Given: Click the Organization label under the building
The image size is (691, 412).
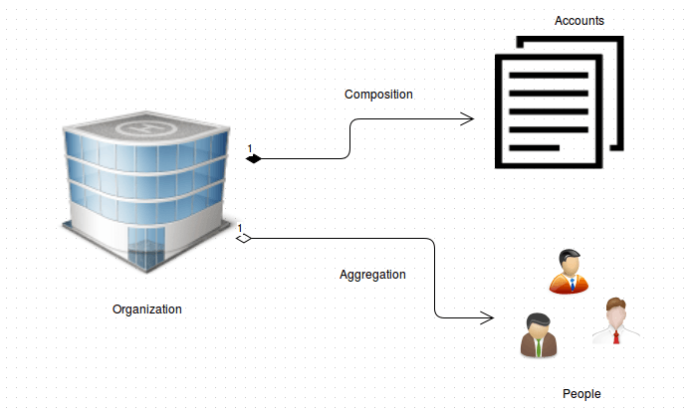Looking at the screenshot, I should tap(147, 309).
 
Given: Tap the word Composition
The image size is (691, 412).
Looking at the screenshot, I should tap(378, 95).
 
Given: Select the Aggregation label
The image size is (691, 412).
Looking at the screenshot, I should tap(372, 274).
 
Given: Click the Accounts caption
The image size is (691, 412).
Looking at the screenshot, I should tap(579, 21).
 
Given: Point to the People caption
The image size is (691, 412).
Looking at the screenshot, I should tap(581, 394).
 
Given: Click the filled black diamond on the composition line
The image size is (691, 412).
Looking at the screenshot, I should tap(253, 158).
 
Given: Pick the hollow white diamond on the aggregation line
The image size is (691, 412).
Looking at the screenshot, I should tap(243, 238).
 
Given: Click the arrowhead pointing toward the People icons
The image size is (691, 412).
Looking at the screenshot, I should tap(487, 318).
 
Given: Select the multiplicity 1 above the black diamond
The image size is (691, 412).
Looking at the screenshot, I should tap(250, 148).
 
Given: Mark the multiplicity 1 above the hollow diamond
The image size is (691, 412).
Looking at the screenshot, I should tap(240, 228).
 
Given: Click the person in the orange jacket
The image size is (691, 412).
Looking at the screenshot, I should tap(569, 271).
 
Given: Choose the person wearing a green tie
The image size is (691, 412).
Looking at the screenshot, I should tap(539, 335).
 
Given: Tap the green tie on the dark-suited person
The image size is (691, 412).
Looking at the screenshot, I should tap(539, 346).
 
